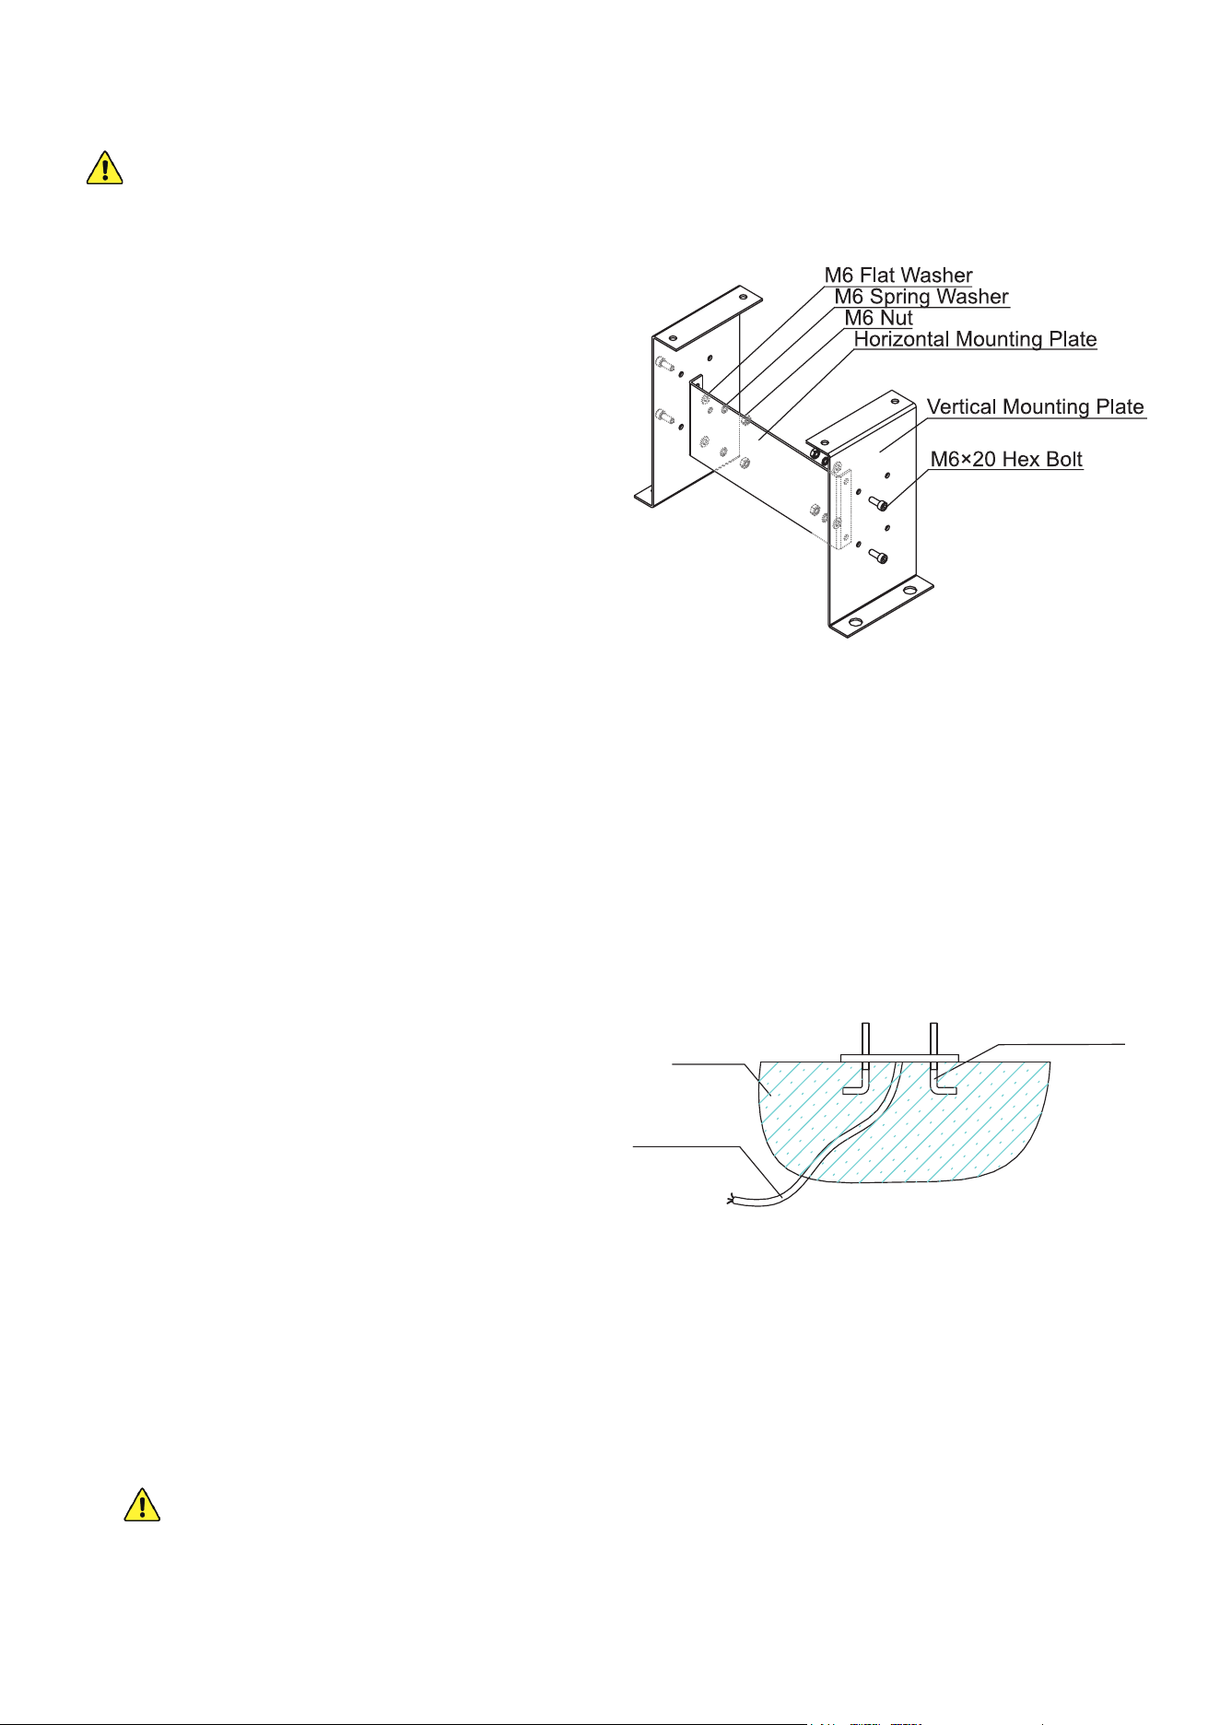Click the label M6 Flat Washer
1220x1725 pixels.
(x=898, y=275)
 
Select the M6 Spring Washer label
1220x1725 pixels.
(x=921, y=297)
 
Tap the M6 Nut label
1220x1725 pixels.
(x=878, y=318)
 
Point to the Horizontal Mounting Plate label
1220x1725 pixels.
(x=975, y=339)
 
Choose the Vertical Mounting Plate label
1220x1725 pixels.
(x=1036, y=406)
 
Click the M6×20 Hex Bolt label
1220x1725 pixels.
(x=1006, y=459)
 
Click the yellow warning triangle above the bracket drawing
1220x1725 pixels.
(x=105, y=168)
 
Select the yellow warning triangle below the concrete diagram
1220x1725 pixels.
(x=142, y=1504)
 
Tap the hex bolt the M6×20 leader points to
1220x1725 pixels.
(x=879, y=503)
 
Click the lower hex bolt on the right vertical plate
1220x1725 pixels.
(x=879, y=556)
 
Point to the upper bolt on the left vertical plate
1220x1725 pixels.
(x=664, y=364)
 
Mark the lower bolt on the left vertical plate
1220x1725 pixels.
(x=664, y=417)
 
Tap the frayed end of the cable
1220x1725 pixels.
(x=732, y=1200)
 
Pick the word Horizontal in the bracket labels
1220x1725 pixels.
(x=902, y=339)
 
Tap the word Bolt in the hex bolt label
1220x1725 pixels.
(x=1063, y=459)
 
